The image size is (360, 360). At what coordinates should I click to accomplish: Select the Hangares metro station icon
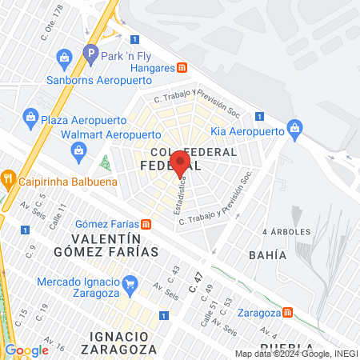pos(182,69)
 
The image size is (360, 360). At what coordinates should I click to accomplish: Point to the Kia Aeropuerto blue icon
pos(294,127)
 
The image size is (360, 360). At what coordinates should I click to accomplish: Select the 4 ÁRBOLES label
pos(286,231)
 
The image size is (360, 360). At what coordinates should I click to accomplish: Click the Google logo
pos(26,350)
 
